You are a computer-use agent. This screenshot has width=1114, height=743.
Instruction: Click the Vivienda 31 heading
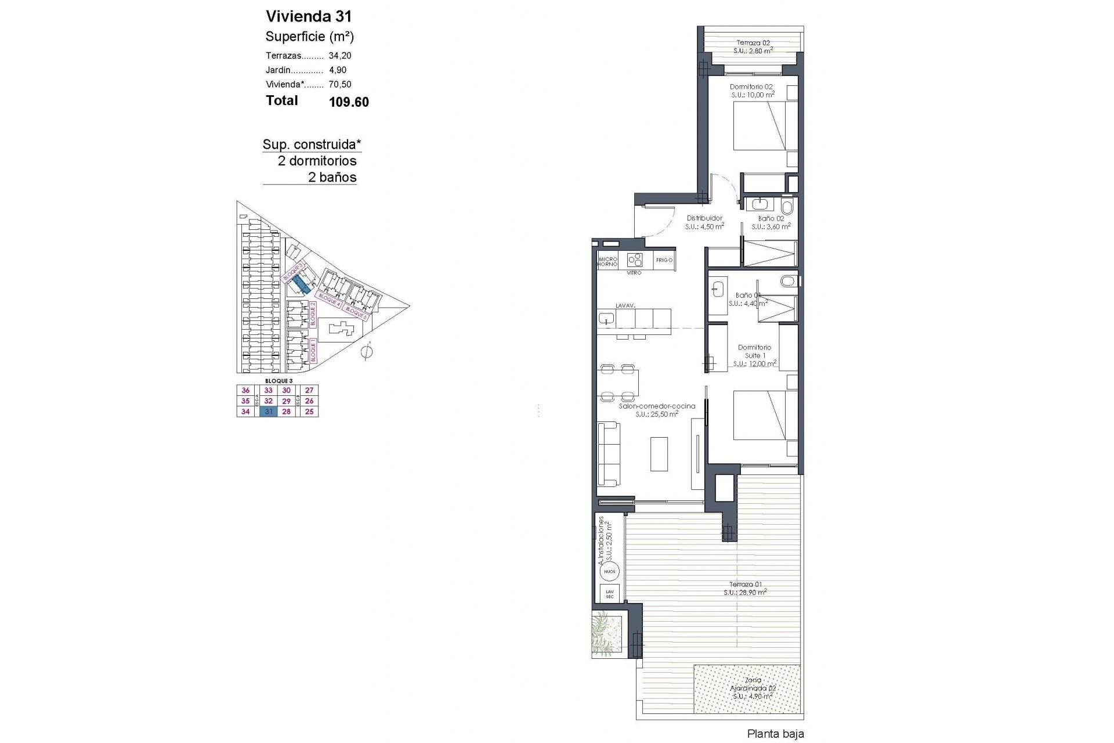pos(308,16)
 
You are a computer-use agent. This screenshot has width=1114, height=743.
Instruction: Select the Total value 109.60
pos(349,102)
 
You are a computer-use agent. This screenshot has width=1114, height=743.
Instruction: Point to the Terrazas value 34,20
pos(340,56)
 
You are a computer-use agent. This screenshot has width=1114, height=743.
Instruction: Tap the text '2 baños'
pos(332,177)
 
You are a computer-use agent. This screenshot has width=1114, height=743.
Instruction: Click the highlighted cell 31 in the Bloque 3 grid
pos(269,412)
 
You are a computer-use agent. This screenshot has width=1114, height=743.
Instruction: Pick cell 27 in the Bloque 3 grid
pos(309,391)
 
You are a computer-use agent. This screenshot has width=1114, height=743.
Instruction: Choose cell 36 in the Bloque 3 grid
pos(245,391)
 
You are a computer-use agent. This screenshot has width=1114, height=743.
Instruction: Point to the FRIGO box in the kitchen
pos(664,260)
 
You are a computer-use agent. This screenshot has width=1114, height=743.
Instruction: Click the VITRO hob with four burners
pos(635,259)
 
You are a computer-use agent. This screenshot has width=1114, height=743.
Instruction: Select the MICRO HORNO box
pos(607,261)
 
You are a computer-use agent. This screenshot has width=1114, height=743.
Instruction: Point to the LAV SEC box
pos(609,593)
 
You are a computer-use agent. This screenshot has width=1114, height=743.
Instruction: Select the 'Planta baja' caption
pos(775,734)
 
